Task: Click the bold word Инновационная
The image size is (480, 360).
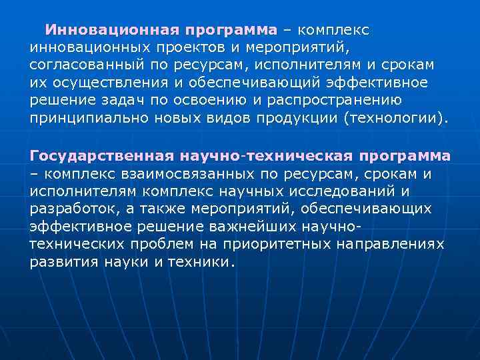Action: tap(113, 31)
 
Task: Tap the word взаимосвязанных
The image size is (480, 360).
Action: tap(168, 174)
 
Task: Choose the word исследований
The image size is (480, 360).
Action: tap(347, 191)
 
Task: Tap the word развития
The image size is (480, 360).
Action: tap(64, 262)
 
